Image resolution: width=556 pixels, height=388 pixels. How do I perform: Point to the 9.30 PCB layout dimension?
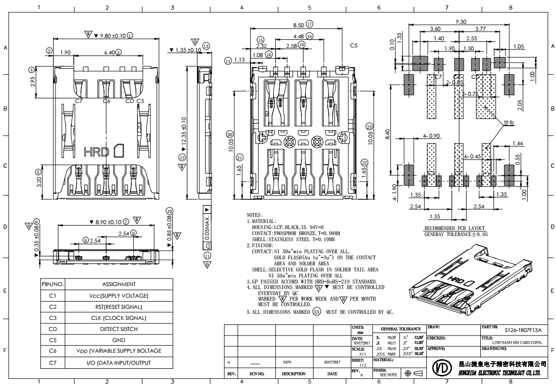coord(461,22)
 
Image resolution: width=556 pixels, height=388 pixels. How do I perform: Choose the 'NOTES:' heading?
coord(254,214)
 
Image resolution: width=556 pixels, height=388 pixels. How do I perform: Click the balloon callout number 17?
coord(310,24)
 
